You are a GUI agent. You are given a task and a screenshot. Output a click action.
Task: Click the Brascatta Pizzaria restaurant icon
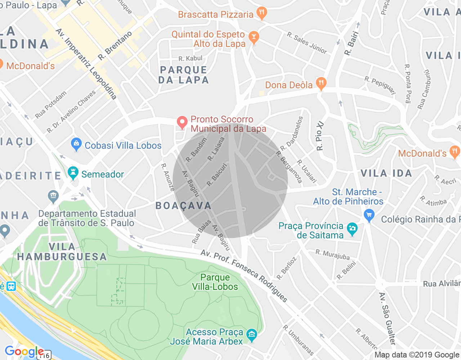pos(262,13)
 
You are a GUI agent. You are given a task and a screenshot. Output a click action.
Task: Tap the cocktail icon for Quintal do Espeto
pos(254,37)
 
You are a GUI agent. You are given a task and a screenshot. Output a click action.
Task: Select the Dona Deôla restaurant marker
pos(321,84)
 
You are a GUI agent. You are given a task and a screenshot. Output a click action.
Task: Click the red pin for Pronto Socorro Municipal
pos(182,122)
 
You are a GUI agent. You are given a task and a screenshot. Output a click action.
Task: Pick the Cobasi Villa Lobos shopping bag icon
pos(76,145)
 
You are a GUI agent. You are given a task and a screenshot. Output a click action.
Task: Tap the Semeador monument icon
pos(73,173)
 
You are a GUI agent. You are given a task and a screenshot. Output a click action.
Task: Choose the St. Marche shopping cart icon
pos(369,216)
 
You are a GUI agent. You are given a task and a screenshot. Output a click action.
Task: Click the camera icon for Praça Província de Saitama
pos(352,229)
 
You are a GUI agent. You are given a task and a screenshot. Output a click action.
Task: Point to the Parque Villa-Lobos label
pos(215,282)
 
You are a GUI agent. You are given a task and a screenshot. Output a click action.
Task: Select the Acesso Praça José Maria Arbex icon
pos(252,336)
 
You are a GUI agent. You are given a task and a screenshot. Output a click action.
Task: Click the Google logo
pos(24,351)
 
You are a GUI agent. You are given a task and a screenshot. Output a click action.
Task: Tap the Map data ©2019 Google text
pos(417,355)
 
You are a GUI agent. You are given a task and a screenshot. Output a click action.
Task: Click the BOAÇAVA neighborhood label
pos(183,206)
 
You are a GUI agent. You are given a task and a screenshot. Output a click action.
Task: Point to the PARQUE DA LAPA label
pos(184,75)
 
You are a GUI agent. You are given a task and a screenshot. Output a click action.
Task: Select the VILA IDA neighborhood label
pos(386,173)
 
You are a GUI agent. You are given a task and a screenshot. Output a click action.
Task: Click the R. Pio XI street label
pos(320,136)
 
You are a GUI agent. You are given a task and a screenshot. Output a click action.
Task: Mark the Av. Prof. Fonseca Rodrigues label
pos(244,276)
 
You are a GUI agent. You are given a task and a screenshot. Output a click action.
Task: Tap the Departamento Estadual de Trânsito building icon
pos(53,196)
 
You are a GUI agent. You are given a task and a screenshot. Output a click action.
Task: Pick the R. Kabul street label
pos(190,58)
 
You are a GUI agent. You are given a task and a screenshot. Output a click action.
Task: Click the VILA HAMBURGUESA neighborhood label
pos(62,252)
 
